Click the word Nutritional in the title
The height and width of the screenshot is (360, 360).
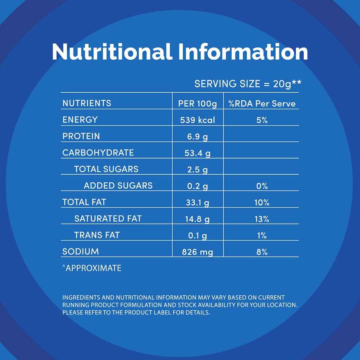tap(112, 52)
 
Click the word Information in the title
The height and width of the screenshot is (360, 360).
tap(243, 52)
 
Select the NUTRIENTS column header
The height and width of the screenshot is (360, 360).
tap(87, 103)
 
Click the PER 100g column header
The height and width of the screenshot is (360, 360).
tap(198, 104)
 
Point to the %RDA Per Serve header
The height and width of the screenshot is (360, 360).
tap(262, 104)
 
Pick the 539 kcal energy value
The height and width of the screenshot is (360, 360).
tap(198, 120)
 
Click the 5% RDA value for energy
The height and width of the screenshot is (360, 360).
tap(262, 120)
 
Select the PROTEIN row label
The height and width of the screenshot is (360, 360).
tap(81, 136)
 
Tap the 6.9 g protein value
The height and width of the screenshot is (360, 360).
tap(198, 137)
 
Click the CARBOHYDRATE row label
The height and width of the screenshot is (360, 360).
tap(98, 152)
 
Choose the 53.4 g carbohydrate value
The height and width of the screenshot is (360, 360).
tap(198, 153)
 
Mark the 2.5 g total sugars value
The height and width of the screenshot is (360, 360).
tap(198, 170)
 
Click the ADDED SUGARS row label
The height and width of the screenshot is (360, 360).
tap(118, 185)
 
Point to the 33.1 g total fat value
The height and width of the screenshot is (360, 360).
tap(198, 203)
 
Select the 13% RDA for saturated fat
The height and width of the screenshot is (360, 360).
tap(262, 219)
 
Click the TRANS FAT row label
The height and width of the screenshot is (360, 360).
tap(97, 235)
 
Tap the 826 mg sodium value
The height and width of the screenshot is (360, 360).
tap(198, 252)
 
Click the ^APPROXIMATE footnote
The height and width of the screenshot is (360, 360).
tap(92, 268)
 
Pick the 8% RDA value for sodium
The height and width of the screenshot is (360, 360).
tap(262, 252)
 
